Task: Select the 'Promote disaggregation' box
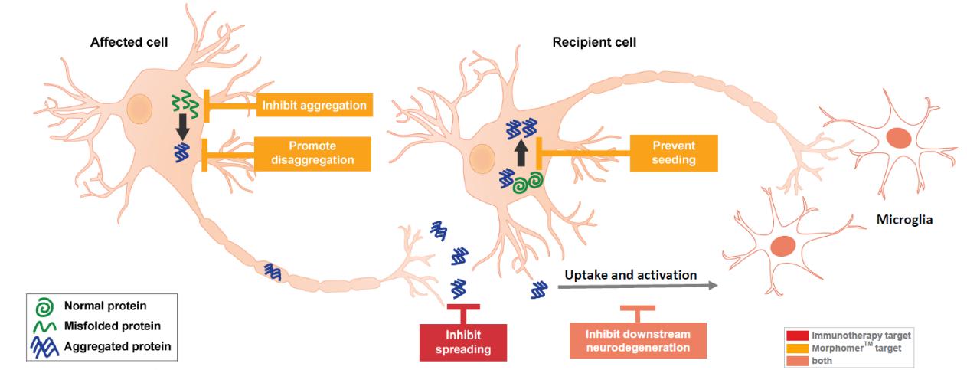click(x=312, y=153)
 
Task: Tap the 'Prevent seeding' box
click(x=674, y=152)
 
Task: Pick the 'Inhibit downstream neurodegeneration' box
click(x=637, y=341)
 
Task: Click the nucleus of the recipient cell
click(x=482, y=159)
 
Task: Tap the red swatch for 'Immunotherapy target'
click(x=797, y=335)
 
